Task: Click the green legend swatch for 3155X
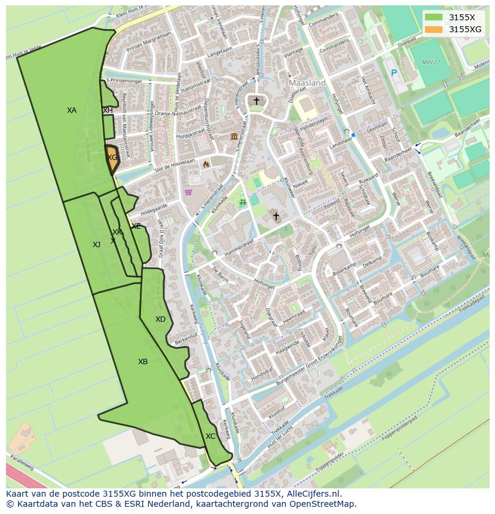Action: [434, 17]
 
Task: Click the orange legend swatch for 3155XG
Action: [434, 29]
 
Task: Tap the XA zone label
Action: [72, 110]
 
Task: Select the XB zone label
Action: [143, 362]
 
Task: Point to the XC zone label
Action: [210, 436]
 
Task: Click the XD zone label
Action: [160, 319]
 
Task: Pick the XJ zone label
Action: [96, 244]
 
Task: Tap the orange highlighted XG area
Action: [112, 158]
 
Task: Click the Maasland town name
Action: [307, 83]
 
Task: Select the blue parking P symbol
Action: [393, 73]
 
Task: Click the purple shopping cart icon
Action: [188, 192]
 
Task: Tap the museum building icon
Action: [233, 137]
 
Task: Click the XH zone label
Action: [108, 110]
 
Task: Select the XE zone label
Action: [136, 226]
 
